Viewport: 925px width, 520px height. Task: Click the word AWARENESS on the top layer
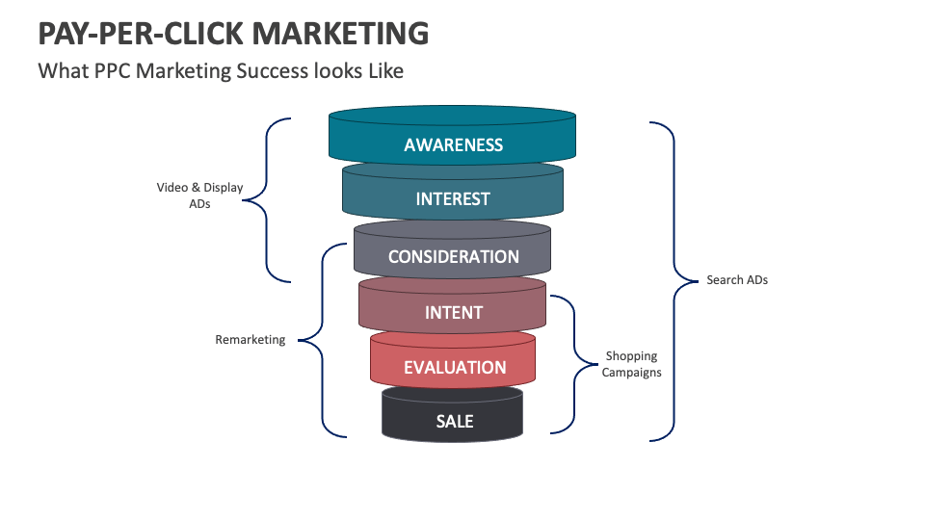pyautogui.click(x=453, y=145)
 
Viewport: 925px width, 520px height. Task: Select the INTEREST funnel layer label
pyautogui.click(x=453, y=199)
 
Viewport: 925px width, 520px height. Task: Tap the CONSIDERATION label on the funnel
pyautogui.click(x=453, y=257)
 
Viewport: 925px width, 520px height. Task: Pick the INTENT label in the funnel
pyautogui.click(x=453, y=313)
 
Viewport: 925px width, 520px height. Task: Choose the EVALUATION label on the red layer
pyautogui.click(x=453, y=368)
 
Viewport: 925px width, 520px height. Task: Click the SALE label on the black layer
pyautogui.click(x=453, y=422)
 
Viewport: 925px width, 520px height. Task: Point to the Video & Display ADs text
pyautogui.click(x=199, y=195)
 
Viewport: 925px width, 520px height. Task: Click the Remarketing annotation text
pyautogui.click(x=250, y=340)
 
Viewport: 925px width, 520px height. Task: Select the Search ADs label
pyautogui.click(x=737, y=280)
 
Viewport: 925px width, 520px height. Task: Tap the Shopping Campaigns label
pyautogui.click(x=632, y=364)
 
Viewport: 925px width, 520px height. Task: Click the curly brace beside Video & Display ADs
pyautogui.click(x=265, y=200)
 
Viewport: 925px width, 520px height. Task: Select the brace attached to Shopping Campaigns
pyautogui.click(x=574, y=364)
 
